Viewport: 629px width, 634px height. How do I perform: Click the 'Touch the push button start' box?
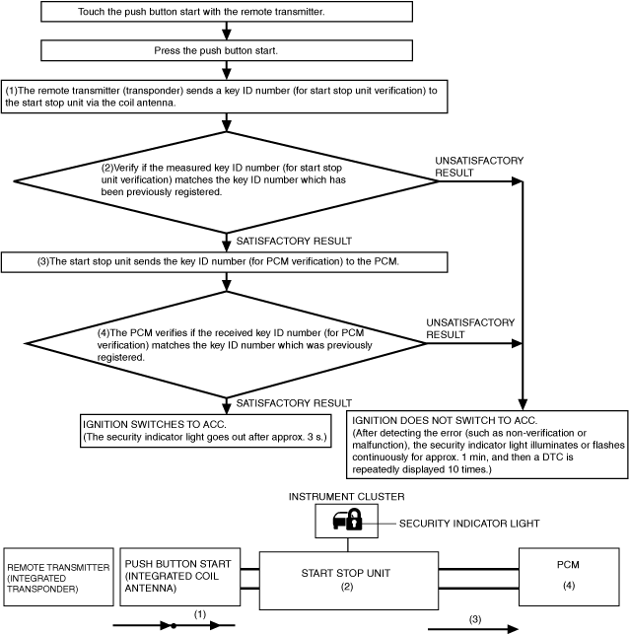pyautogui.click(x=227, y=11)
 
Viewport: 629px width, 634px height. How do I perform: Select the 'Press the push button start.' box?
pyautogui.click(x=227, y=50)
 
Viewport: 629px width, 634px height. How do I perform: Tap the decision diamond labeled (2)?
pyautogui.click(x=227, y=182)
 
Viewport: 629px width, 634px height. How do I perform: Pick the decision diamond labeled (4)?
pyautogui.click(x=226, y=344)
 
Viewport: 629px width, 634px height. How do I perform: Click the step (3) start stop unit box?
pyautogui.click(x=225, y=262)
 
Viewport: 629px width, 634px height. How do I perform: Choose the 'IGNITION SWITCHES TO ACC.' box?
pyautogui.click(x=206, y=431)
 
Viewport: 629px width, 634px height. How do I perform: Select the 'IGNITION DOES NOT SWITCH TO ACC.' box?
pyautogui.click(x=487, y=445)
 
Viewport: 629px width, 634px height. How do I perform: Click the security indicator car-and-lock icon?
pyautogui.click(x=347, y=520)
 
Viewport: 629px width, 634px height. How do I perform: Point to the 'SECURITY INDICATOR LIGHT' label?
pyautogui.click(x=469, y=524)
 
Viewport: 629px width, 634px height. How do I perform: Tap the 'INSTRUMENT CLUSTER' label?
pyautogui.click(x=346, y=497)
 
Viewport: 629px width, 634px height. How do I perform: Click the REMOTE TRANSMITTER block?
pyautogui.click(x=58, y=577)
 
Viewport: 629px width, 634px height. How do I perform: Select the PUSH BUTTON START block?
pyautogui.click(x=179, y=577)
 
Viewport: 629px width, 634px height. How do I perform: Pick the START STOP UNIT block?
pyautogui.click(x=348, y=581)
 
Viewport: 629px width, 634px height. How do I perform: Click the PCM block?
pyautogui.click(x=569, y=577)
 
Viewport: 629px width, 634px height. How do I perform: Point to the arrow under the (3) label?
pyautogui.click(x=473, y=629)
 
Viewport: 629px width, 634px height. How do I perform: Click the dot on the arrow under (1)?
pyautogui.click(x=174, y=626)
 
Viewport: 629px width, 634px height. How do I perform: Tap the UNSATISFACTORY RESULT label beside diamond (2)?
pyautogui.click(x=479, y=167)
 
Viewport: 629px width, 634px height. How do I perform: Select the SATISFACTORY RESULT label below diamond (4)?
pyautogui.click(x=294, y=403)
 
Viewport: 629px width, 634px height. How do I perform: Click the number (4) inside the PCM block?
pyautogui.click(x=569, y=586)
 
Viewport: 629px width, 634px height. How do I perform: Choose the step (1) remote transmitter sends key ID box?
pyautogui.click(x=225, y=97)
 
